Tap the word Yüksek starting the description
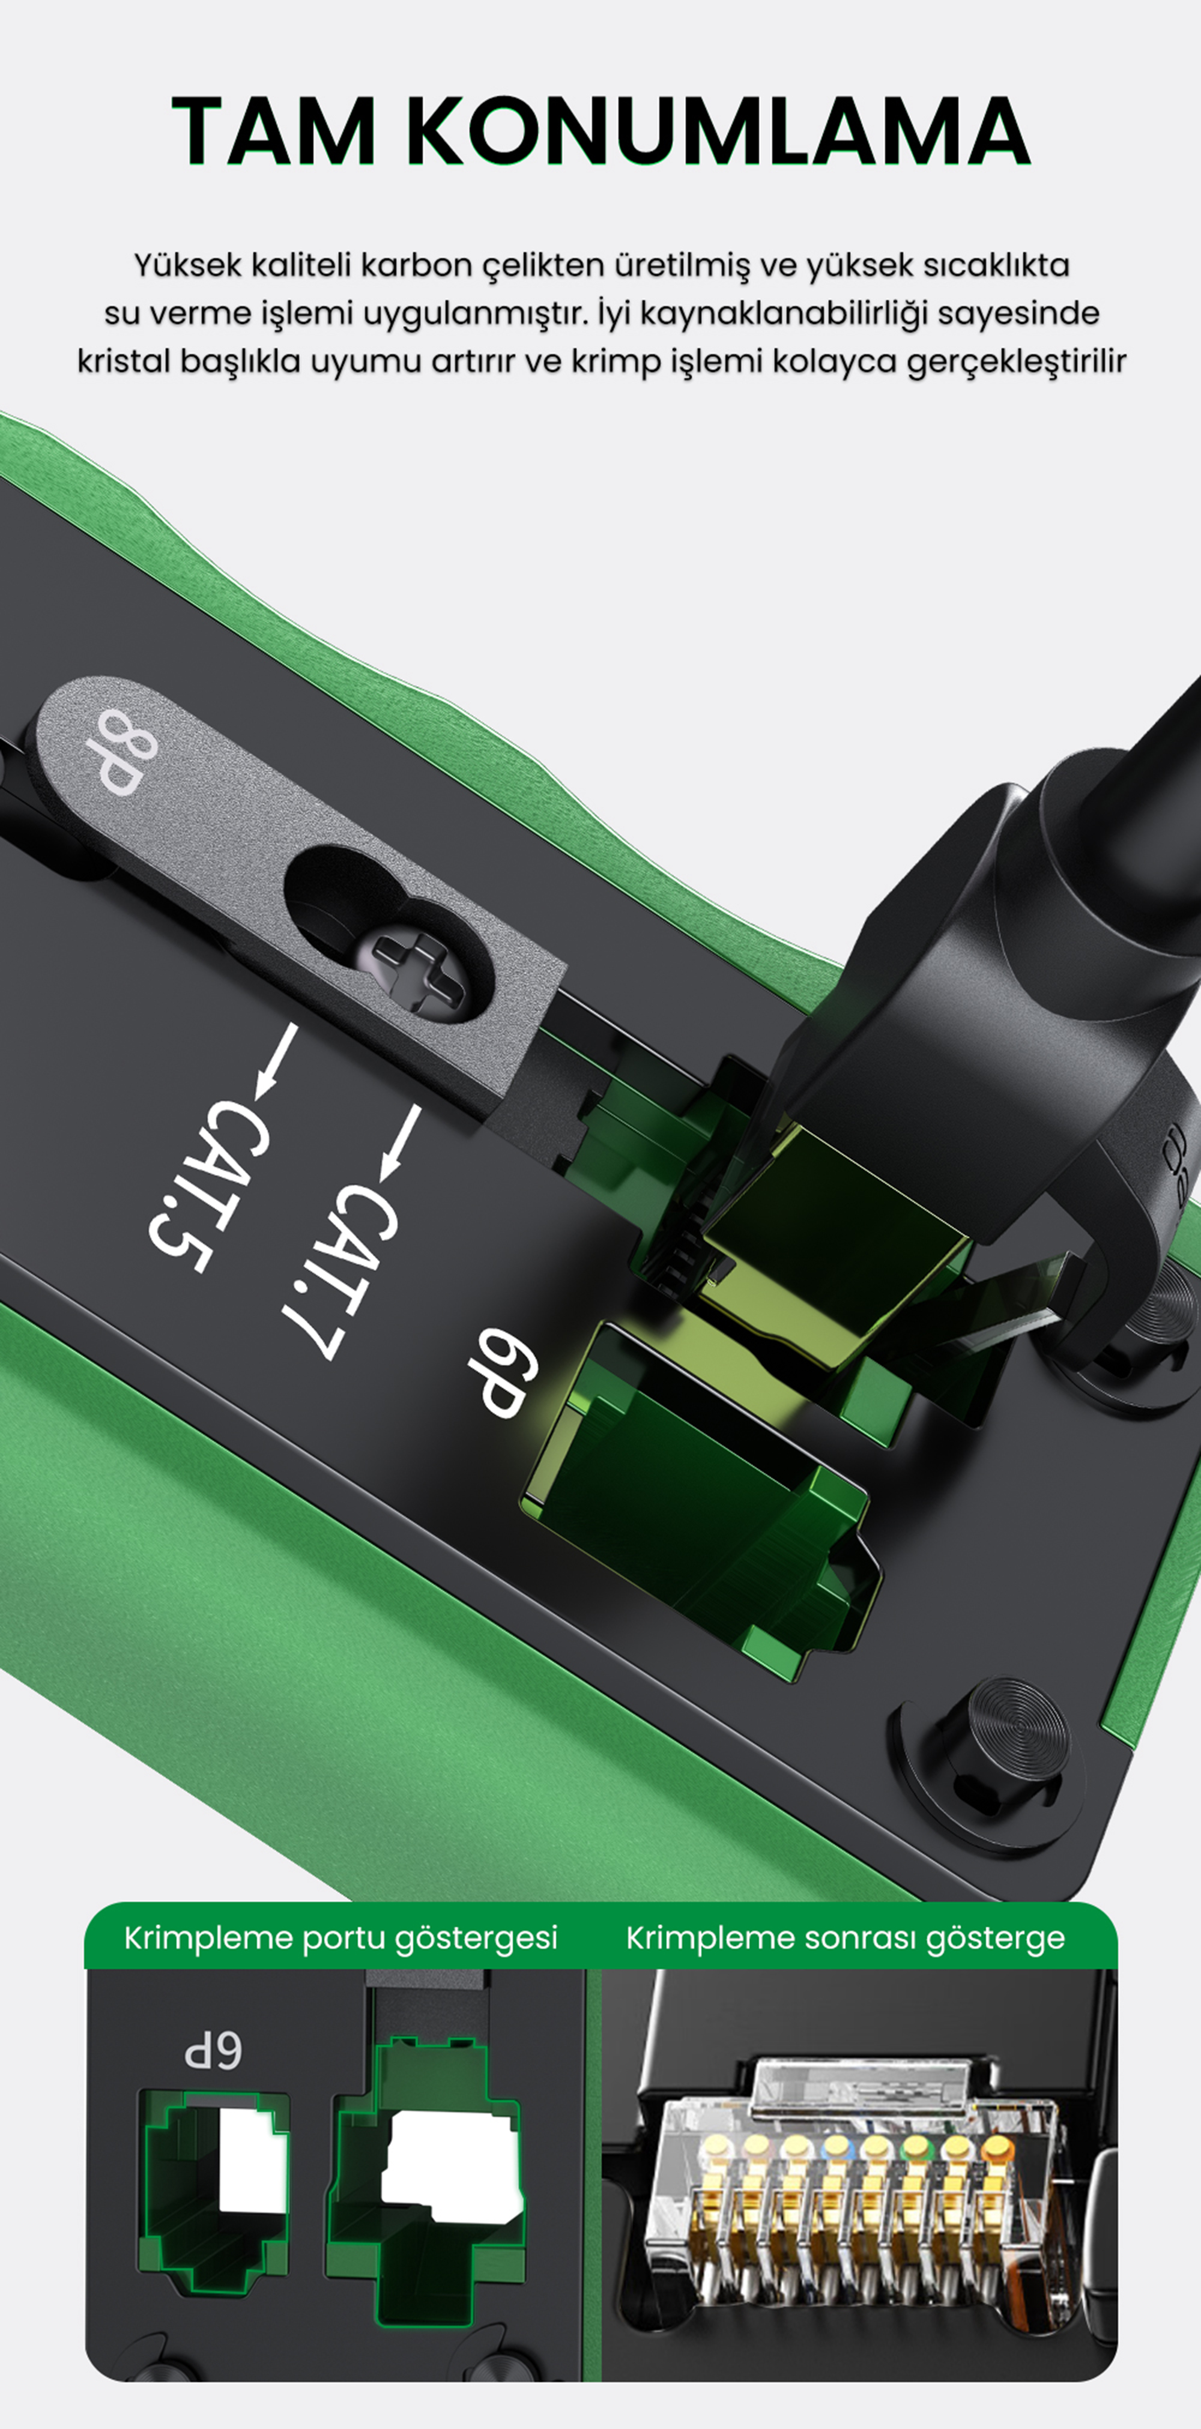point(188,265)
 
